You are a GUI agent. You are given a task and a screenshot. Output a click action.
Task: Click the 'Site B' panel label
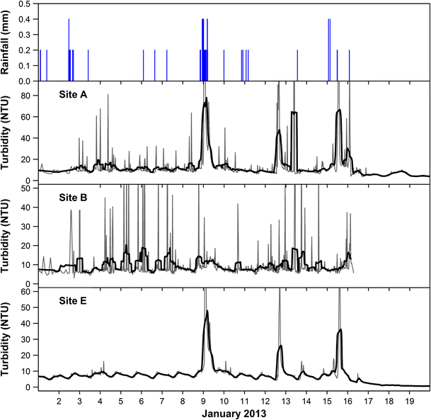(x=74, y=198)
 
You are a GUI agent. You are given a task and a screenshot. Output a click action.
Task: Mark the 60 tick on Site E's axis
(x=28, y=292)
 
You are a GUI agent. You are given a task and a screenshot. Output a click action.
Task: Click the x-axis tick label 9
(x=204, y=400)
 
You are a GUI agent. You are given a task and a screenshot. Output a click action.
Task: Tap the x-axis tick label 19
(x=409, y=400)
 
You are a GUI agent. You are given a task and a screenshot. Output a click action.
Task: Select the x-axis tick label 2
(x=59, y=400)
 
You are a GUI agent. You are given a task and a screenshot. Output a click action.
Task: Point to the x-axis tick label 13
(x=285, y=400)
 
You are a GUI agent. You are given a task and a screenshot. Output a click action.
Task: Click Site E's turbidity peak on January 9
(x=207, y=311)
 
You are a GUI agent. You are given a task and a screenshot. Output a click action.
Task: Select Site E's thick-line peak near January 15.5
(x=340, y=330)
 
